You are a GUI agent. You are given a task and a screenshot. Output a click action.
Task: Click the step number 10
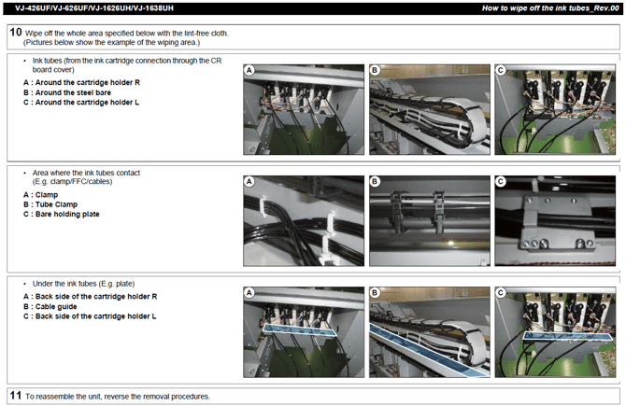tap(16, 32)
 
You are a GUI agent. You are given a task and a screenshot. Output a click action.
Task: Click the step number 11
tap(16, 395)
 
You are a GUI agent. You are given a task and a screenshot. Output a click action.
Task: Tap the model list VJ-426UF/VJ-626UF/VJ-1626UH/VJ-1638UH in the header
tap(94, 8)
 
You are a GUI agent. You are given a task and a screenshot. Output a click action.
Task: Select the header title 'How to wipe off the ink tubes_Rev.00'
tap(550, 8)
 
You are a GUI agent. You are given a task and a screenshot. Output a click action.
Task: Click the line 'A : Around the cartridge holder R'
tap(81, 82)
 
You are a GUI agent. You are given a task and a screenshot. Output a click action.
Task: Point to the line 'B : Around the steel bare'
tap(67, 92)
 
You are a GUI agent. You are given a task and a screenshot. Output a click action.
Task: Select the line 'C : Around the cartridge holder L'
tap(81, 103)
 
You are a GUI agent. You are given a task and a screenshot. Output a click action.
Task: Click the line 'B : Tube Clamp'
tap(50, 204)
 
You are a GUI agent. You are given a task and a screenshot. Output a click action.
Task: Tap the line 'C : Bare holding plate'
tap(61, 214)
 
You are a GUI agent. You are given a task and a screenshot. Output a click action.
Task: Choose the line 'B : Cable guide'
tap(50, 307)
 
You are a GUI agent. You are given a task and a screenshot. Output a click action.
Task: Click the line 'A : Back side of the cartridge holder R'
tap(91, 297)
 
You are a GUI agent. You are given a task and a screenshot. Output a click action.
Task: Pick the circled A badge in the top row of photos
tap(249, 71)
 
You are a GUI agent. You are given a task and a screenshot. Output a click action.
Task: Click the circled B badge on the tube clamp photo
tap(375, 182)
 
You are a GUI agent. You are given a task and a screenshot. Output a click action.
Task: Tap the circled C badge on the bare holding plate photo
tap(500, 182)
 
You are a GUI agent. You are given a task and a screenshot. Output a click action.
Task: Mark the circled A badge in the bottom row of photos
tap(249, 293)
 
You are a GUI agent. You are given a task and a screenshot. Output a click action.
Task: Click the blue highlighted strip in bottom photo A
tap(299, 330)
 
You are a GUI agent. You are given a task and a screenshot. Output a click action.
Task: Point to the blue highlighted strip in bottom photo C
tap(567, 336)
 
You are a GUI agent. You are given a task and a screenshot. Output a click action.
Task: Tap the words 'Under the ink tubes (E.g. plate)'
tap(83, 284)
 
